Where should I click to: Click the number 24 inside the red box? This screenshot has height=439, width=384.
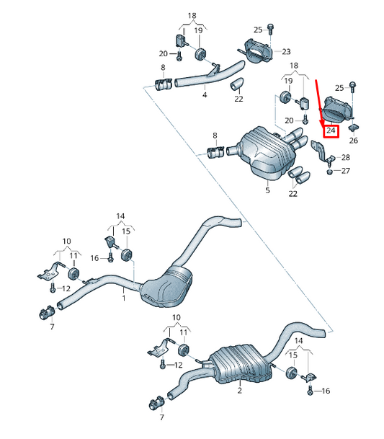[x=331, y=130]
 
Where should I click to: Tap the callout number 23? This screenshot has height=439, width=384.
[x=286, y=51]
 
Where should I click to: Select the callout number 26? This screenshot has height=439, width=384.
[x=354, y=141]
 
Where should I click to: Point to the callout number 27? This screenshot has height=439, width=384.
[x=346, y=171]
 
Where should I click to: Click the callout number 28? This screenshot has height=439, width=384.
[x=346, y=157]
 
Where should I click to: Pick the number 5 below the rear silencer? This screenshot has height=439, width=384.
[x=267, y=190]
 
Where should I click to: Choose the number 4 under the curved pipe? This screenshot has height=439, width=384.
[x=205, y=95]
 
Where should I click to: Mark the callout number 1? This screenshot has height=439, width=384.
[x=124, y=298]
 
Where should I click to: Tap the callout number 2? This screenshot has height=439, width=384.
[x=240, y=390]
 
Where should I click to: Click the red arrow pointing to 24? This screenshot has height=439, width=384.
[x=319, y=103]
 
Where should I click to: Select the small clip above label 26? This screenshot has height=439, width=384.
[x=354, y=128]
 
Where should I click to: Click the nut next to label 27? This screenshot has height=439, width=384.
[x=330, y=172]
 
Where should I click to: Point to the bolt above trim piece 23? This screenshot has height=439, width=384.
[x=270, y=29]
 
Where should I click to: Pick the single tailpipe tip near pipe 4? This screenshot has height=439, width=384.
[x=237, y=84]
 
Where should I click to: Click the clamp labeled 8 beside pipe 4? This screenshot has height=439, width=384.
[x=163, y=84]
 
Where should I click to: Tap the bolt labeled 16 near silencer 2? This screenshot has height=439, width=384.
[x=310, y=390]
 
